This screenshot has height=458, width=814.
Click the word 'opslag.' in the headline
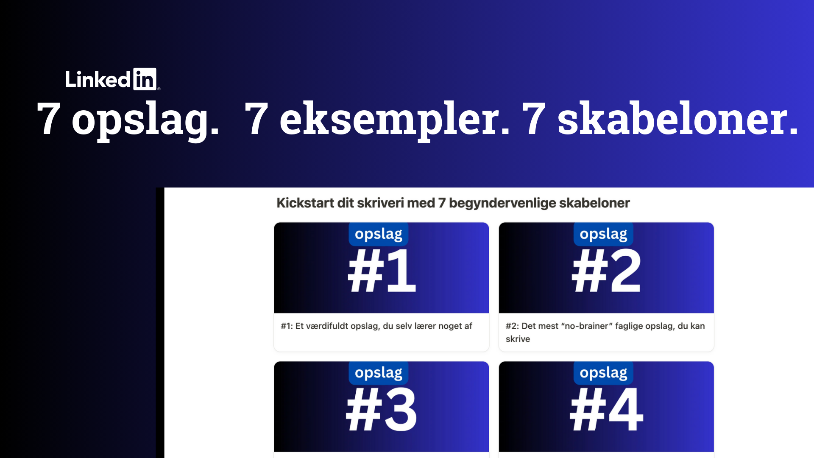coord(145,120)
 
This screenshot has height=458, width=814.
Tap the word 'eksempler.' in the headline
coord(395,120)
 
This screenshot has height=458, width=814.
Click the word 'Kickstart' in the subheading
coord(305,203)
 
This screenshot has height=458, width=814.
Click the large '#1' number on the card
coord(382,271)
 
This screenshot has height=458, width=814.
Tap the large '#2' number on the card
coord(606,271)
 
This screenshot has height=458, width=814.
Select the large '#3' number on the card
coord(382,409)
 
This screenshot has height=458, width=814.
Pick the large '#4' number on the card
coord(606,409)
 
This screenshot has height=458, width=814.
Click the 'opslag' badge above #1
coord(379,234)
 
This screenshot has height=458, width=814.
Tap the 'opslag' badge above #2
coord(603,234)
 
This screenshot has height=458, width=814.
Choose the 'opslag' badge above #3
coord(379,373)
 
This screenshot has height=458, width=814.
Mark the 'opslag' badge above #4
coord(603,373)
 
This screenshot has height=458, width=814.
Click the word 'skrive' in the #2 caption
coord(518,339)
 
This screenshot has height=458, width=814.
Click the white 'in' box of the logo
coord(145,79)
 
